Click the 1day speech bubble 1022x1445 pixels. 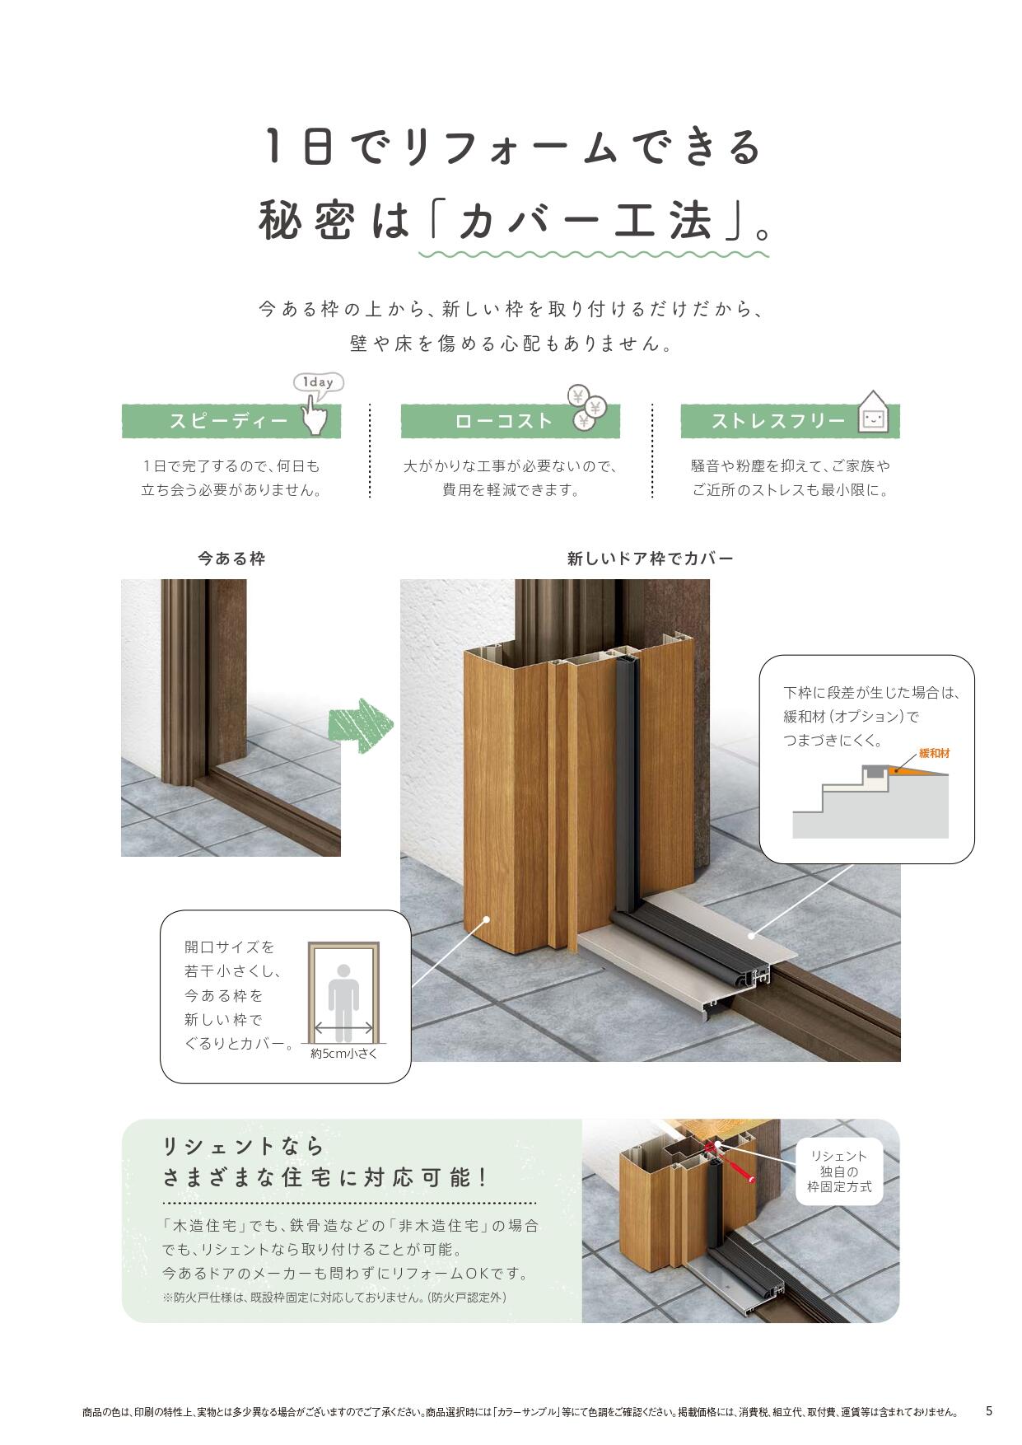(x=318, y=382)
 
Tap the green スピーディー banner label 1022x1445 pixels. (x=228, y=421)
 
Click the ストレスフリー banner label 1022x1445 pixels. (x=777, y=421)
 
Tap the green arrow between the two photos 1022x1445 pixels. (x=360, y=726)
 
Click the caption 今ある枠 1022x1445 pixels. (x=231, y=559)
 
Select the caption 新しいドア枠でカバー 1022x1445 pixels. (x=650, y=559)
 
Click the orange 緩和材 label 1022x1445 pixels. (x=934, y=753)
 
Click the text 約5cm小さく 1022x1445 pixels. (x=343, y=1053)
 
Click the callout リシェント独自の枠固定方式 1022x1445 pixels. (x=838, y=1171)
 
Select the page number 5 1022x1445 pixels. (x=989, y=1411)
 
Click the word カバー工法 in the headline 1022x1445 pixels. (x=585, y=220)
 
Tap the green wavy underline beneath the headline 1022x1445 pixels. (x=593, y=253)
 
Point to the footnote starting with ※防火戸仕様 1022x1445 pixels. (x=334, y=1298)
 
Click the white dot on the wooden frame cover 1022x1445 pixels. (x=487, y=919)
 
